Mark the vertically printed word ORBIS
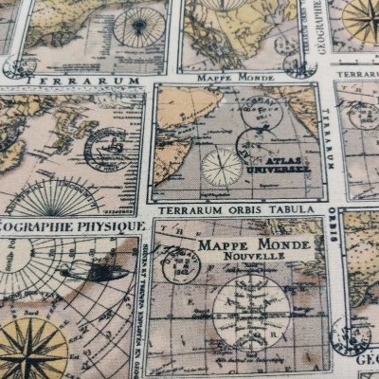pos(334,227)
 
